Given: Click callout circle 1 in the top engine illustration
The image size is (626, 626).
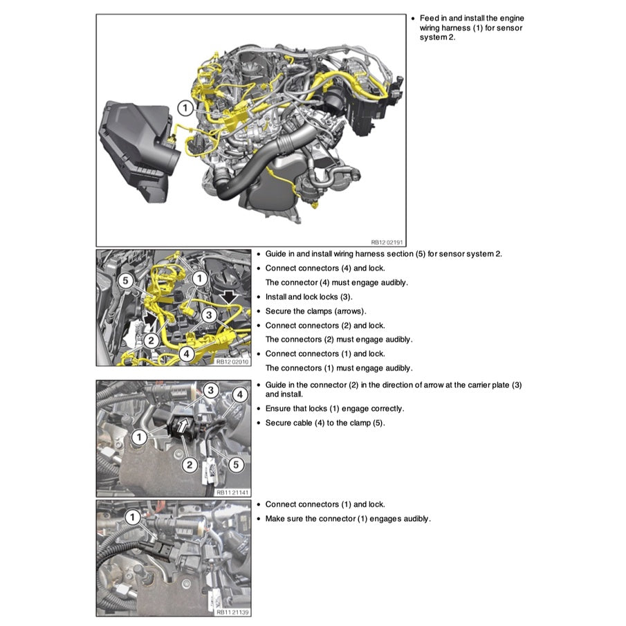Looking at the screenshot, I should point(185,108).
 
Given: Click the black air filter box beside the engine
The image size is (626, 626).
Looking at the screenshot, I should point(135,148).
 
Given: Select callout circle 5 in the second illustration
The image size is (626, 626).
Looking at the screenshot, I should point(125,280).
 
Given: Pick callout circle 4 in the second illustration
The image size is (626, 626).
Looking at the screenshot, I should point(185,353).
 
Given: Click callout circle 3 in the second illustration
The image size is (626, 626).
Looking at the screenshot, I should point(208,315).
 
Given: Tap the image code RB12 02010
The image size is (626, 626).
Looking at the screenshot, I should point(233,361).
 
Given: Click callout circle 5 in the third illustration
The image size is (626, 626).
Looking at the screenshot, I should point(234,464).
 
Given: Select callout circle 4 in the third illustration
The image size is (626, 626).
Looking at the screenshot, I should point(239,394).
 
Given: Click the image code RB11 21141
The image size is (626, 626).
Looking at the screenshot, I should point(233,492).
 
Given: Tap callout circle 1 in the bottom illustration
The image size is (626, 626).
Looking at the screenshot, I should point(133,517).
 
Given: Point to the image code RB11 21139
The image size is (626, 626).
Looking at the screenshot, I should point(233,611).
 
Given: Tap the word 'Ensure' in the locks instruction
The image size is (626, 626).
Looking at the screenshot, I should point(278,408).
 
